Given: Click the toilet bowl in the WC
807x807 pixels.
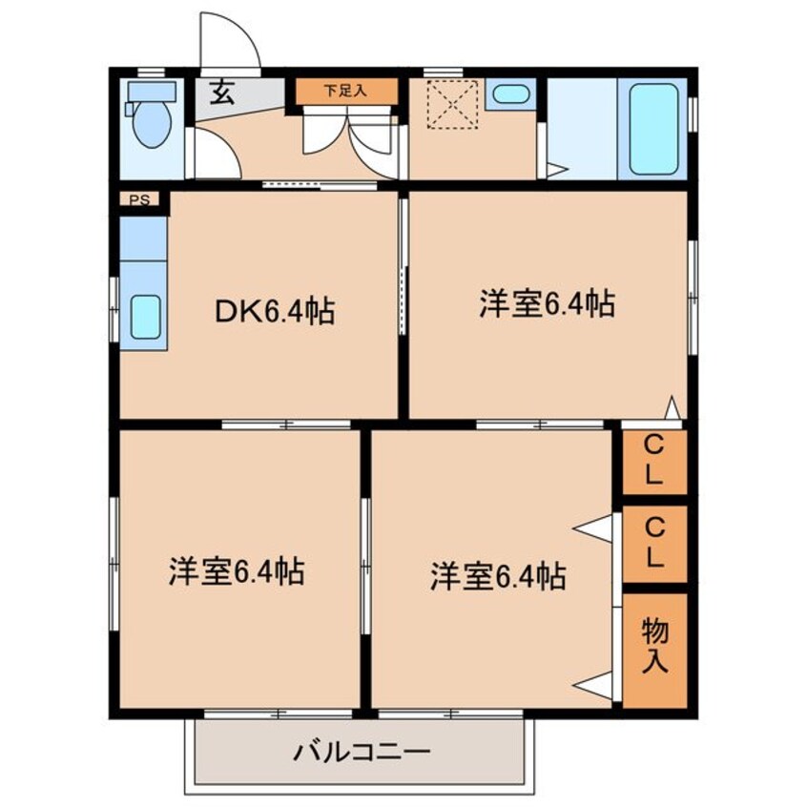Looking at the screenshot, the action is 152,124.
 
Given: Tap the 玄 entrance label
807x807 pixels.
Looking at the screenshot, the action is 222,93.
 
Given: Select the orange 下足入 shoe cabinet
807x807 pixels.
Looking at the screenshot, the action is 346,91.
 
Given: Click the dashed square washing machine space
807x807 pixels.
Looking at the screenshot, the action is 453,105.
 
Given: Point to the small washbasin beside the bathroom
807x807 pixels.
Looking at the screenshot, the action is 510,93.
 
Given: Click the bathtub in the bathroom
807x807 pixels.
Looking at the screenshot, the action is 653,129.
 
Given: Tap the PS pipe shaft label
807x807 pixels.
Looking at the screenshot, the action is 139,199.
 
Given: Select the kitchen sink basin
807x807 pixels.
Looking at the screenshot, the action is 146,317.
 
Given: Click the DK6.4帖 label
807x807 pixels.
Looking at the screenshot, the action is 275,311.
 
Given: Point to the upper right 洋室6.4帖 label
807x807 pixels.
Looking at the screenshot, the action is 548,303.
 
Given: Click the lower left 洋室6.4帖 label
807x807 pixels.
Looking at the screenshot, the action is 237,570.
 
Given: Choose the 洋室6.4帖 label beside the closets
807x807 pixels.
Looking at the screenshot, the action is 498,576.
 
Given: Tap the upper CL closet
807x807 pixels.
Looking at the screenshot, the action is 654,462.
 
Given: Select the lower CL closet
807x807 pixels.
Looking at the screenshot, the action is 654,544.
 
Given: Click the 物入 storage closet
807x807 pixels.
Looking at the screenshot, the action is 654,651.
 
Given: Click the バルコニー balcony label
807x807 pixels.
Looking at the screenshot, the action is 362,753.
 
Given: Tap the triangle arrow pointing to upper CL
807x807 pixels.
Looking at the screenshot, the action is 672,408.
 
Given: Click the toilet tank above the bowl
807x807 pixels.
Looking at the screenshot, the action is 152,93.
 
